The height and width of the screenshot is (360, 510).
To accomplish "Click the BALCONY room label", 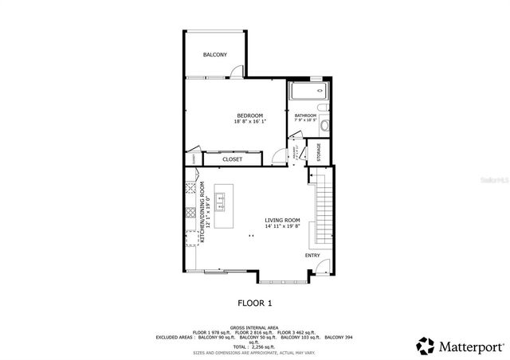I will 214,54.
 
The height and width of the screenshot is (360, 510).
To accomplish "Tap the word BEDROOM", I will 249,115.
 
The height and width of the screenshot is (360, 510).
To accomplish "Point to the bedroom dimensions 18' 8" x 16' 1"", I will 249,122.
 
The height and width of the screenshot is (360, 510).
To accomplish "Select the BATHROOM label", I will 305,116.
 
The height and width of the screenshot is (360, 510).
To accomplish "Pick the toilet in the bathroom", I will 322,108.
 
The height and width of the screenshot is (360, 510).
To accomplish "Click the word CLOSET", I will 233,159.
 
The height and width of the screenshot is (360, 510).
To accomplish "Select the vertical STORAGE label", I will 320,151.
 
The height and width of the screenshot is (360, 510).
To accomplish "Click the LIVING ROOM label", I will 282,220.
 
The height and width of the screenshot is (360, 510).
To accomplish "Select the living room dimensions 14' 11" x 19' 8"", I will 282,226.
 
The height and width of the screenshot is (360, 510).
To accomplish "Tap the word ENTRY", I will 312,256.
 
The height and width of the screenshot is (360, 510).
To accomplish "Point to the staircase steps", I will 323,211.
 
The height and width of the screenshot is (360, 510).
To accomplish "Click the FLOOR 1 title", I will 255,303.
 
